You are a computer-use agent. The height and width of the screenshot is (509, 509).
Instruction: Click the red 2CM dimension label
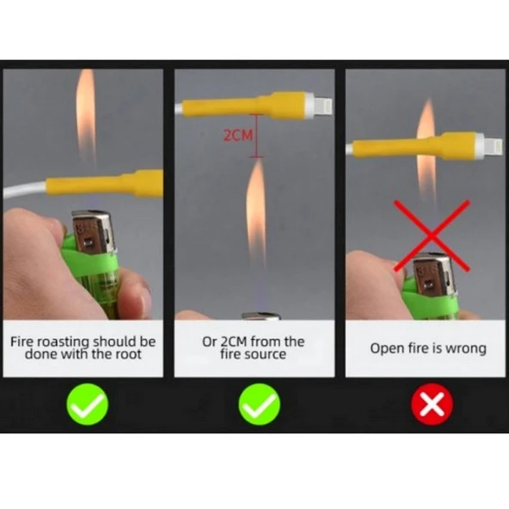237,135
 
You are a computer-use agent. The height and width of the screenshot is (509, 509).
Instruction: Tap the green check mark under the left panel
88,404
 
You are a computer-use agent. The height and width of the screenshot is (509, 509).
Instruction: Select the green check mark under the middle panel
259,404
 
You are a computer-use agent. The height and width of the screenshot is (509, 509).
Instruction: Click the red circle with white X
432,404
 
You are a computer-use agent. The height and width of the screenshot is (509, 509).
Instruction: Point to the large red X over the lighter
432,236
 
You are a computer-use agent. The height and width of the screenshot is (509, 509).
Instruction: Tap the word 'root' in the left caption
129,354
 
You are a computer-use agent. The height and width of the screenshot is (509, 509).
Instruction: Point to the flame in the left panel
86,117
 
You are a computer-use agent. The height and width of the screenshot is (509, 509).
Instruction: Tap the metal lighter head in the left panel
94,231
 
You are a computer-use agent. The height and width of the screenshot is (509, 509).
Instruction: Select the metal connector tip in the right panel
494,146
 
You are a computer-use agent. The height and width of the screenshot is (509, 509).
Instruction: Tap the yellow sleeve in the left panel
105,184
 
